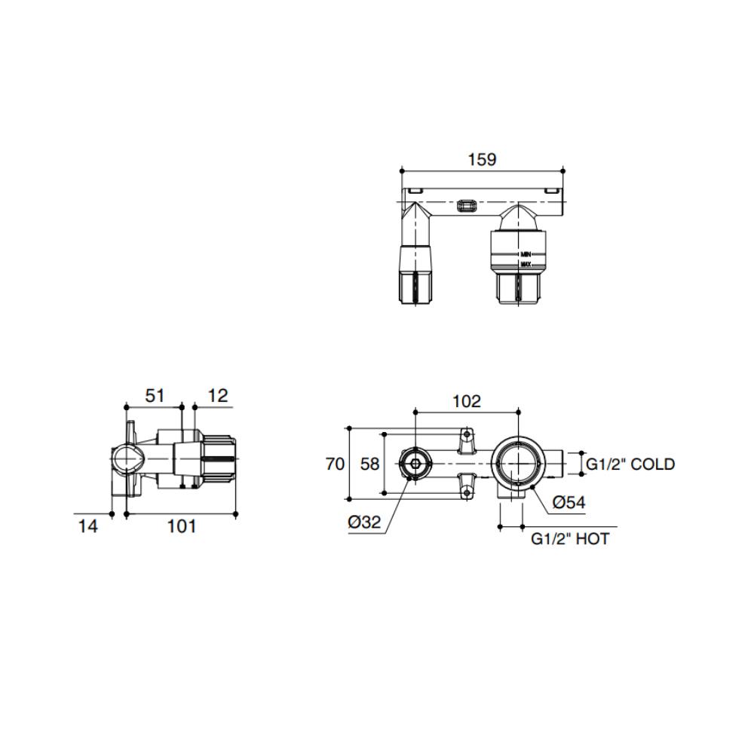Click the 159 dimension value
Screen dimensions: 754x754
click(x=482, y=159)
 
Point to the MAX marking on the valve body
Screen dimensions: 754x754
click(x=526, y=265)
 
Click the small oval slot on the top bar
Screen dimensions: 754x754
click(x=467, y=204)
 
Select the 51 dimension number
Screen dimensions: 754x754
click(x=154, y=395)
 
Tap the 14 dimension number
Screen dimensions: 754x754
click(x=88, y=526)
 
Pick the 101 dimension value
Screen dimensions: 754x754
click(x=181, y=526)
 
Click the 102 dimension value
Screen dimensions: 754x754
click(x=466, y=401)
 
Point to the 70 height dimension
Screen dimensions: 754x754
click(x=335, y=464)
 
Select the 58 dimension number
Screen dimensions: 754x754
click(x=369, y=464)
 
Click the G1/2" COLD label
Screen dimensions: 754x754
click(x=630, y=464)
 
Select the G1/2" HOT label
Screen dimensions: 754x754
click(x=570, y=539)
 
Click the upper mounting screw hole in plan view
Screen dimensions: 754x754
click(x=467, y=435)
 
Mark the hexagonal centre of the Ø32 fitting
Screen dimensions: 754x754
click(x=414, y=463)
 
